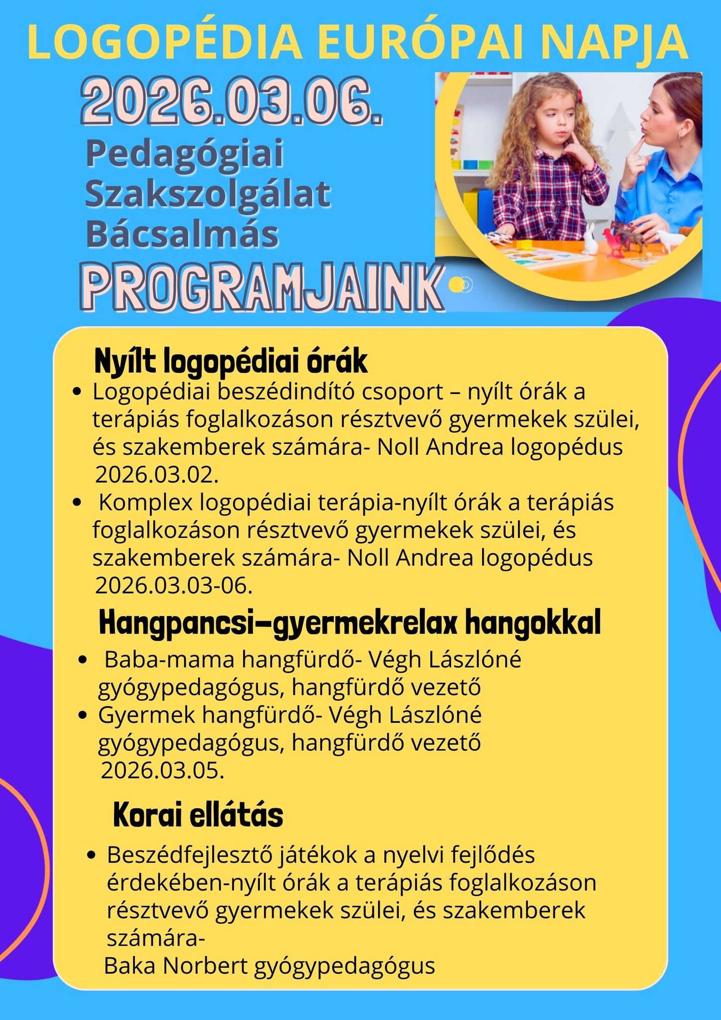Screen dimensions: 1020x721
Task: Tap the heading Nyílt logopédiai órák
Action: point(231,362)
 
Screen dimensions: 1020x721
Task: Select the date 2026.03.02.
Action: point(157,474)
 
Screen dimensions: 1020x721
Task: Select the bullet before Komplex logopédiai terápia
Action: point(77,503)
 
